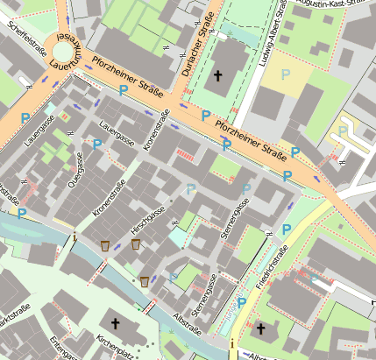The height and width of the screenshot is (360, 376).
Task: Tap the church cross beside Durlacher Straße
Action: (218, 75)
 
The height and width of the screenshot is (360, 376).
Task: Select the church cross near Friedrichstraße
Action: (260, 328)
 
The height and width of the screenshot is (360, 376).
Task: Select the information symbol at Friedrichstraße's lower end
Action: (232, 344)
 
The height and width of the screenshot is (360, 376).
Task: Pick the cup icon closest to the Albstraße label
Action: (145, 281)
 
